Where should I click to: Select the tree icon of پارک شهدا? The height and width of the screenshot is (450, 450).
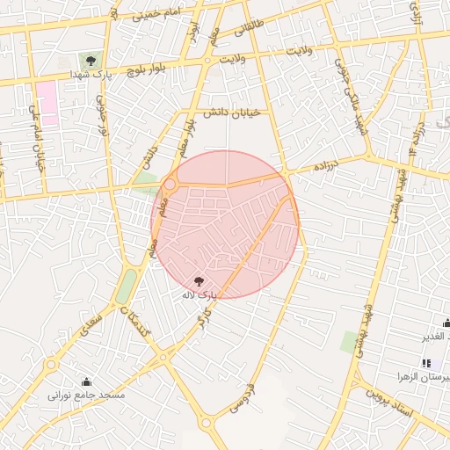[91, 60]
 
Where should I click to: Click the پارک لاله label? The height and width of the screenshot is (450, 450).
[199, 295]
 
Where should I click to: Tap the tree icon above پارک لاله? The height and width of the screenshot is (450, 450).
[199, 280]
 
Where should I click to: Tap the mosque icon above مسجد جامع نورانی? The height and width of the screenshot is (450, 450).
[86, 381]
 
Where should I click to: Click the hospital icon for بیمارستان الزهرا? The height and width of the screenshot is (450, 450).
[426, 363]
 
